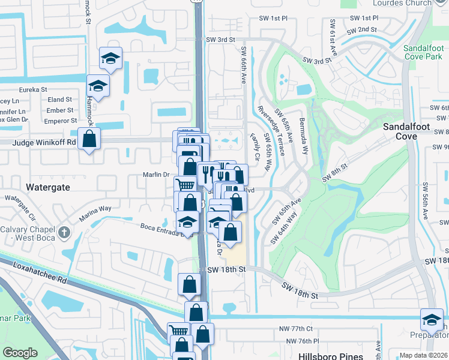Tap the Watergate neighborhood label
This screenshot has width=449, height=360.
[48, 187]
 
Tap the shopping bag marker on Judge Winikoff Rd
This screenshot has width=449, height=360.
[89, 139]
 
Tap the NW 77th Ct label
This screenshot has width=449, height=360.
[297, 329]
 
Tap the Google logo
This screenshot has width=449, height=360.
[20, 353]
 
